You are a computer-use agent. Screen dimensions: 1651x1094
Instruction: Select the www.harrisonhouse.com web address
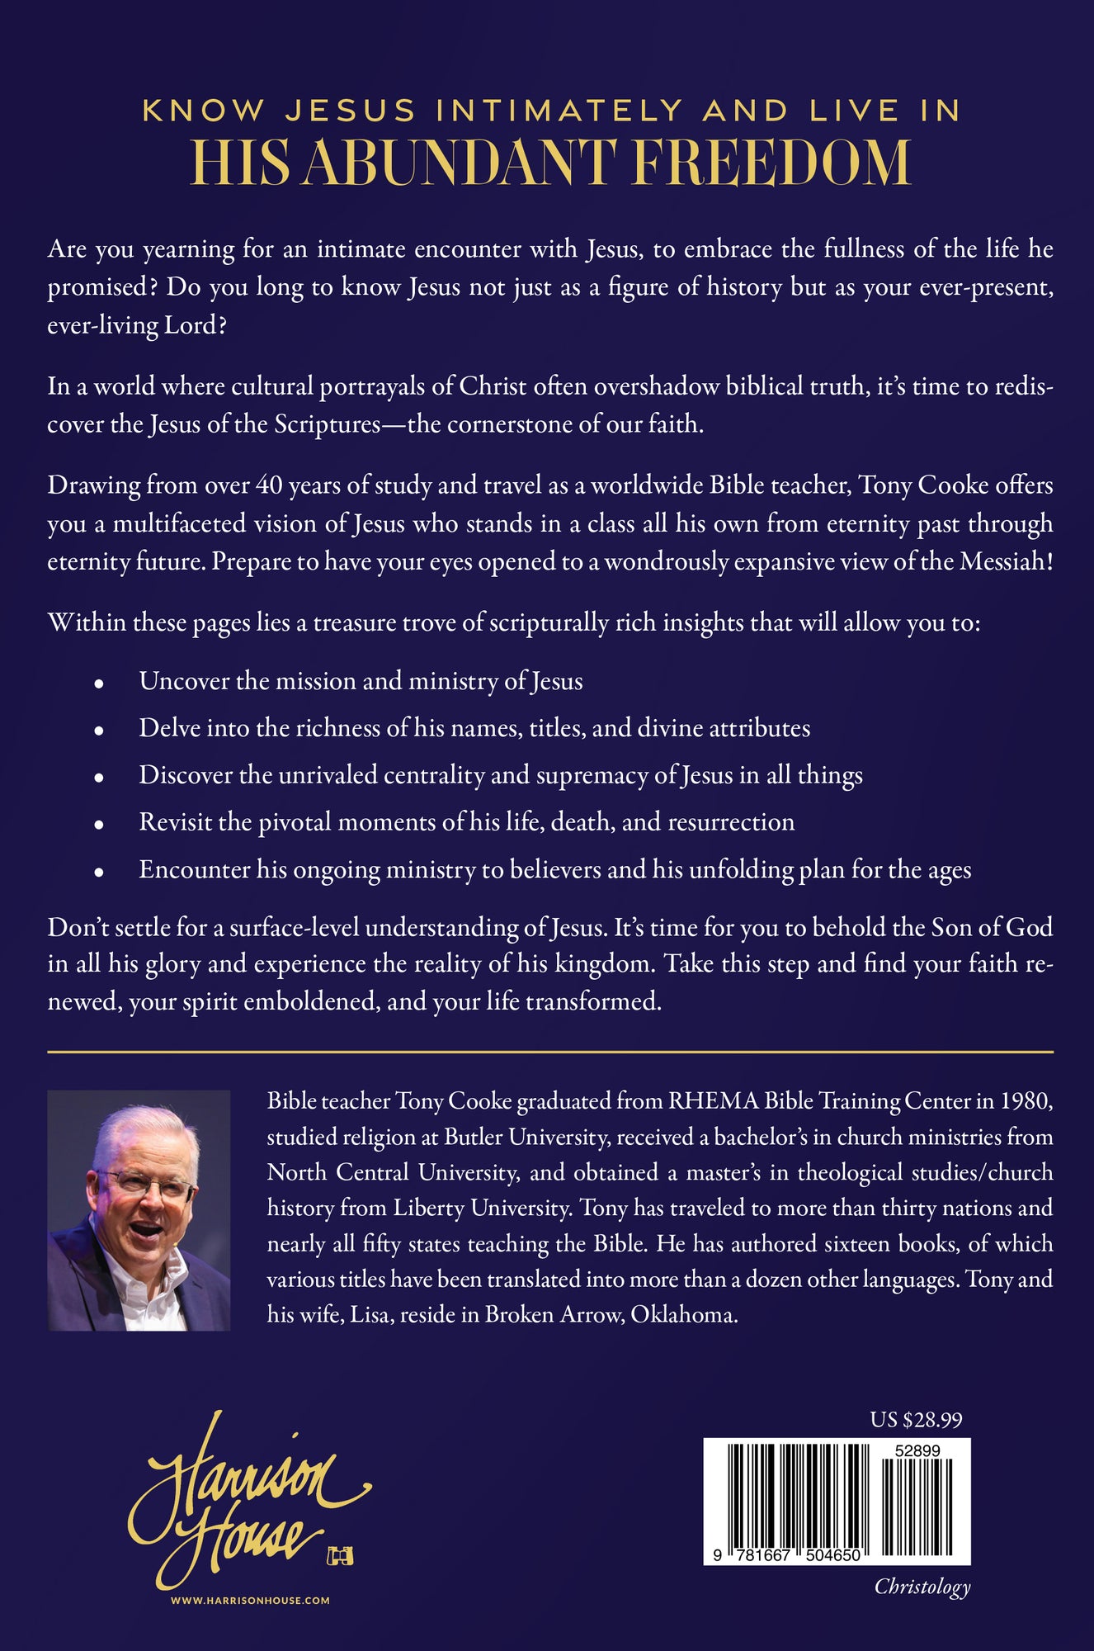[x=250, y=1601]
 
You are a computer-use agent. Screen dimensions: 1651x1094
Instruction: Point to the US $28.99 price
[x=916, y=1420]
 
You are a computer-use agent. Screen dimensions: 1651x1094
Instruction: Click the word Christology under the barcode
[x=922, y=1586]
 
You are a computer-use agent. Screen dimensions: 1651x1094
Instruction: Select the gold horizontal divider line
[x=550, y=1052]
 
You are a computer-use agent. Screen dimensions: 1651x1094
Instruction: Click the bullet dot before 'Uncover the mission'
[x=99, y=684]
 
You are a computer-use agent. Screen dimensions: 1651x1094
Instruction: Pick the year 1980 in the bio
[x=1026, y=1101]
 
